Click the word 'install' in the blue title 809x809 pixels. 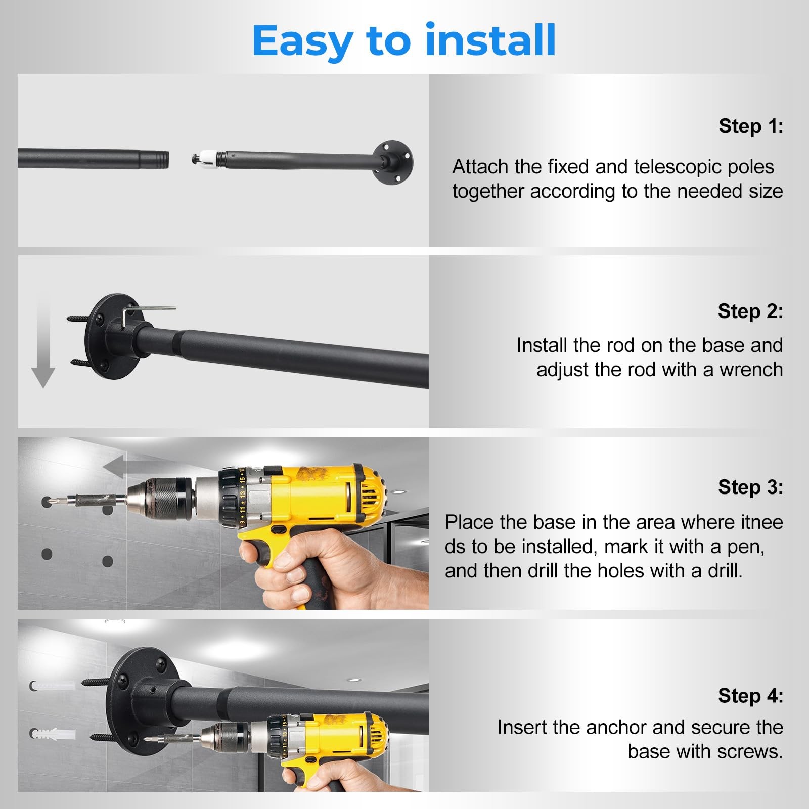click(490, 40)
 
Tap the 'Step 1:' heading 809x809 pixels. click(751, 126)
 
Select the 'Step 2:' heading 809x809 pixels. click(750, 311)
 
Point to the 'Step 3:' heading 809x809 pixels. click(750, 487)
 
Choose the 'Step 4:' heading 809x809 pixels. click(750, 696)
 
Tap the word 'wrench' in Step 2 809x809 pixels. click(751, 370)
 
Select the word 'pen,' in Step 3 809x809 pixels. click(745, 547)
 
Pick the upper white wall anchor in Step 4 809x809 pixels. click(52, 686)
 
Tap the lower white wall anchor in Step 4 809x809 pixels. click(52, 733)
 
